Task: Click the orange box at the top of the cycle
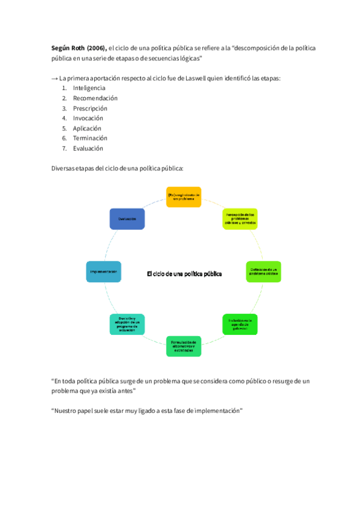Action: (x=184, y=197)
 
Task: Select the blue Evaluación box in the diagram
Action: (x=127, y=219)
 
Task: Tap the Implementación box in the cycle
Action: (x=104, y=272)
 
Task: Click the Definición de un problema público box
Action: (x=263, y=272)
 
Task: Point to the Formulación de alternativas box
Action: (x=184, y=346)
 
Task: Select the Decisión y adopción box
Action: (x=127, y=324)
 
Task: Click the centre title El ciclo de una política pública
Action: (x=184, y=274)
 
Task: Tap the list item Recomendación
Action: (x=95, y=98)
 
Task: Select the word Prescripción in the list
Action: (x=90, y=109)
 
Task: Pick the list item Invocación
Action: (x=88, y=118)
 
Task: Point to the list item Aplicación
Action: (x=87, y=128)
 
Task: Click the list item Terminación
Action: (x=91, y=139)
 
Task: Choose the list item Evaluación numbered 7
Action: (x=88, y=148)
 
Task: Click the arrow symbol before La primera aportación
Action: (x=54, y=78)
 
